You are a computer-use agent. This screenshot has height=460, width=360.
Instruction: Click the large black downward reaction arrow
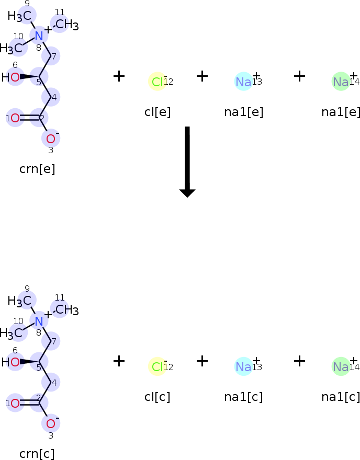pyautogui.click(x=187, y=162)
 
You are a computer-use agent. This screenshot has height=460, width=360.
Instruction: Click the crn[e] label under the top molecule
pyautogui.click(x=37, y=169)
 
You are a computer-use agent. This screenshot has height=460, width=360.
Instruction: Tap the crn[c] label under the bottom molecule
pyautogui.click(x=37, y=454)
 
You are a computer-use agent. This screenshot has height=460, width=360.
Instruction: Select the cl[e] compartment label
pyautogui.click(x=157, y=112)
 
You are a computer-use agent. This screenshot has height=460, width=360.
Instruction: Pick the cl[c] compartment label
pyautogui.click(x=157, y=397)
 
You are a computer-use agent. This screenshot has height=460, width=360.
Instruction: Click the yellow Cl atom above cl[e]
pyautogui.click(x=157, y=82)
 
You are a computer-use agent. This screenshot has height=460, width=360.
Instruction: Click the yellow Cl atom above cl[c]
pyautogui.click(x=157, y=367)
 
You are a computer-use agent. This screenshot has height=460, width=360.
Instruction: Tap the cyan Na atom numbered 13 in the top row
pyautogui.click(x=243, y=82)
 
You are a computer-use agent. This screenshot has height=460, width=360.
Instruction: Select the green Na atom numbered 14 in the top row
pyautogui.click(x=341, y=82)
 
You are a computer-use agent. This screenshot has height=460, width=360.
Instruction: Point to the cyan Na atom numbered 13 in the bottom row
pyautogui.click(x=243, y=367)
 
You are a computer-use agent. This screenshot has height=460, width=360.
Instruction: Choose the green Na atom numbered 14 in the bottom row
pyautogui.click(x=341, y=367)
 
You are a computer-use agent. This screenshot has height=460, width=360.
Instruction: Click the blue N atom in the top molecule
pyautogui.click(x=39, y=36)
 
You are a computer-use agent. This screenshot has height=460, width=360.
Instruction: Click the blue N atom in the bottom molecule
pyautogui.click(x=39, y=320)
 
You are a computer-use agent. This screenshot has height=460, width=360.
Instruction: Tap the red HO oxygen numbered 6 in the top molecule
pyautogui.click(x=15, y=77)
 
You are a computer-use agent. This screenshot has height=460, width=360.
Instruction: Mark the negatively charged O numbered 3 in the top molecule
pyautogui.click(x=50, y=139)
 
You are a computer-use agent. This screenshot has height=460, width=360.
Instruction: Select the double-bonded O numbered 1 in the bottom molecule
pyautogui.click(x=15, y=403)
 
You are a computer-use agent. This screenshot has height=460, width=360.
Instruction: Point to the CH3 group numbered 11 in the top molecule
pyautogui.click(x=66, y=25)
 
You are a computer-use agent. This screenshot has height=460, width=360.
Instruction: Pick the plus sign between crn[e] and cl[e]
pyautogui.click(x=119, y=76)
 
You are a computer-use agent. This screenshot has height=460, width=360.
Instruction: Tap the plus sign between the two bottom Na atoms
pyautogui.click(x=299, y=361)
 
